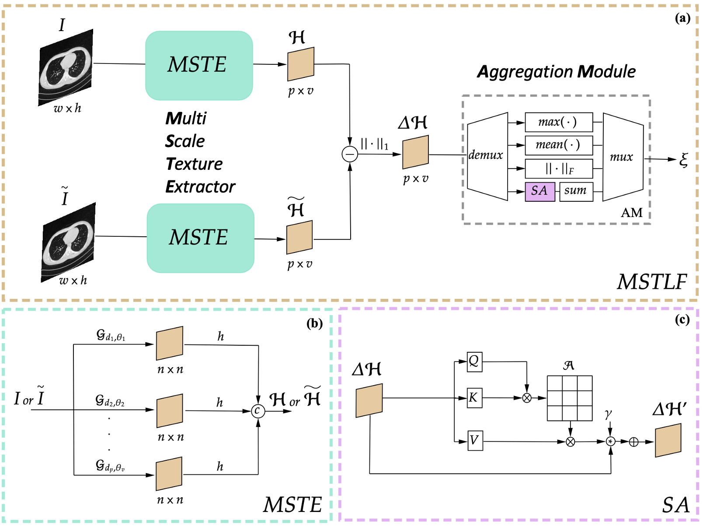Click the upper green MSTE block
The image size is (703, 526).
[199, 65]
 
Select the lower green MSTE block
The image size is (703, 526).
[200, 238]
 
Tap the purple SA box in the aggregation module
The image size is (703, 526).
[539, 191]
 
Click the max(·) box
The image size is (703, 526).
[558, 122]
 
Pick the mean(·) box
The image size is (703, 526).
[558, 145]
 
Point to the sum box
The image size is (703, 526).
[576, 191]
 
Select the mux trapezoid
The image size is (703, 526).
[623, 157]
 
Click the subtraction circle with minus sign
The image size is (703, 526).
[350, 154]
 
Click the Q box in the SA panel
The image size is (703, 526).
[474, 361]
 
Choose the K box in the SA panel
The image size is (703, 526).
[474, 398]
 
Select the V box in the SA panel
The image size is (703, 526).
[475, 441]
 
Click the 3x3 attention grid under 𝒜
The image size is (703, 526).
[570, 398]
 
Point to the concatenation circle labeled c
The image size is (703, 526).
[258, 410]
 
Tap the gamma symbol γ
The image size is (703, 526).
[608, 414]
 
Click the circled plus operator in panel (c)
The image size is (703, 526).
[633, 442]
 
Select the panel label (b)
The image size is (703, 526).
[314, 323]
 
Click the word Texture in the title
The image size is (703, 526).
[194, 164]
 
